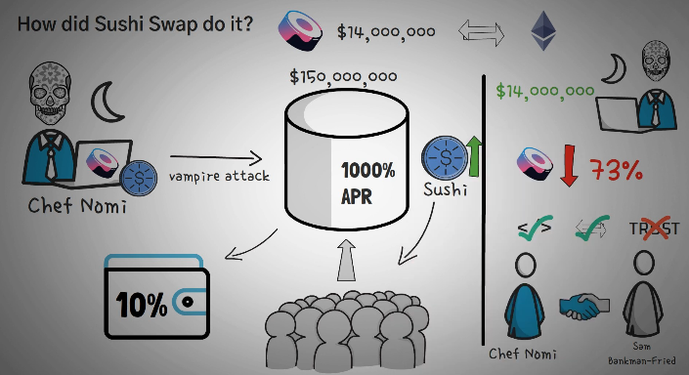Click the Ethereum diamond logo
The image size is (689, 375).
point(540,31)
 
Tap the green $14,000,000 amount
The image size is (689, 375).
point(545,92)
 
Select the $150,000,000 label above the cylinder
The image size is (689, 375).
point(343,76)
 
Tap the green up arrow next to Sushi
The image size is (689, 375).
point(475,155)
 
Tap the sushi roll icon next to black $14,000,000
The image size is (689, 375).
point(302,29)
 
